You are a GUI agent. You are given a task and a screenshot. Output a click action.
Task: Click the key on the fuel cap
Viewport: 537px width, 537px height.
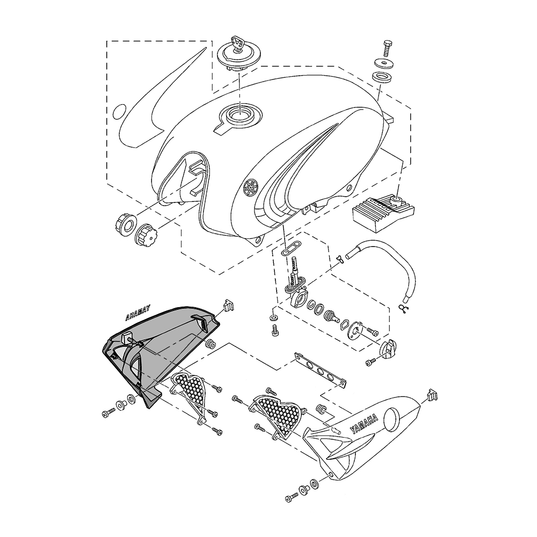click(x=237, y=41)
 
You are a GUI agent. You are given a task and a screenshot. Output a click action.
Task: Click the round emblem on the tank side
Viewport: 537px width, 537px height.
click(x=250, y=188)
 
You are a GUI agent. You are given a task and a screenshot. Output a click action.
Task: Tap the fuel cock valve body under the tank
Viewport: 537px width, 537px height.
click(x=296, y=292)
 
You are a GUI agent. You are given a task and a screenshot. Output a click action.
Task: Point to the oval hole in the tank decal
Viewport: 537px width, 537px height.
click(x=119, y=112)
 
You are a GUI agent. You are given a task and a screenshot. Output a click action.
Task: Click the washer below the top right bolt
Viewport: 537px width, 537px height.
click(x=382, y=63)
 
